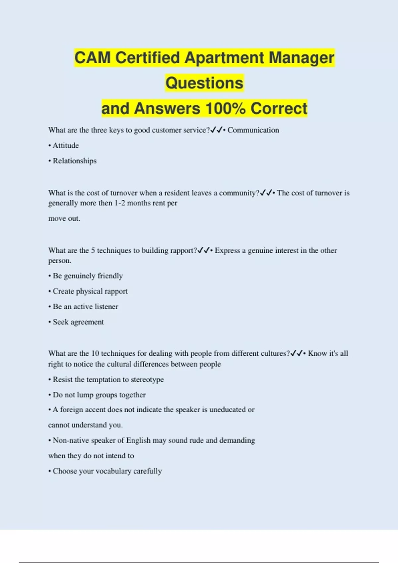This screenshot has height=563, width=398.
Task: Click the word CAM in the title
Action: [93, 58]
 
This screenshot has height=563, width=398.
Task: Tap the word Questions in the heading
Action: [204, 83]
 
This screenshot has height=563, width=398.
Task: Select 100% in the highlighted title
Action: [226, 109]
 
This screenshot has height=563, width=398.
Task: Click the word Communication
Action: [253, 130]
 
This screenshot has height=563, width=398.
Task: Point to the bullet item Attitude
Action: [65, 145]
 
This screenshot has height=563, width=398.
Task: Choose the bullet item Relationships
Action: [74, 161]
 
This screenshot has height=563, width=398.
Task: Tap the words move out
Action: [64, 219]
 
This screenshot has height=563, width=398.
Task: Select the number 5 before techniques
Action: [93, 250]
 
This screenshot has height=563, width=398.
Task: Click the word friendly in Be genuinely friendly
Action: [110, 276]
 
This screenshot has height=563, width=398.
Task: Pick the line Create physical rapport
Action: [90, 291]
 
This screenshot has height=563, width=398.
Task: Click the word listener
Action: [106, 307]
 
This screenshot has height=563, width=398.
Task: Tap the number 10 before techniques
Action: [95, 353]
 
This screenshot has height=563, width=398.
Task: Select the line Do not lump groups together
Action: [99, 395]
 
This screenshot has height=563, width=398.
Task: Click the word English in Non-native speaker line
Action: [138, 440]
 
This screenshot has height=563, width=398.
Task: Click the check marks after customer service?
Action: [216, 130]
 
